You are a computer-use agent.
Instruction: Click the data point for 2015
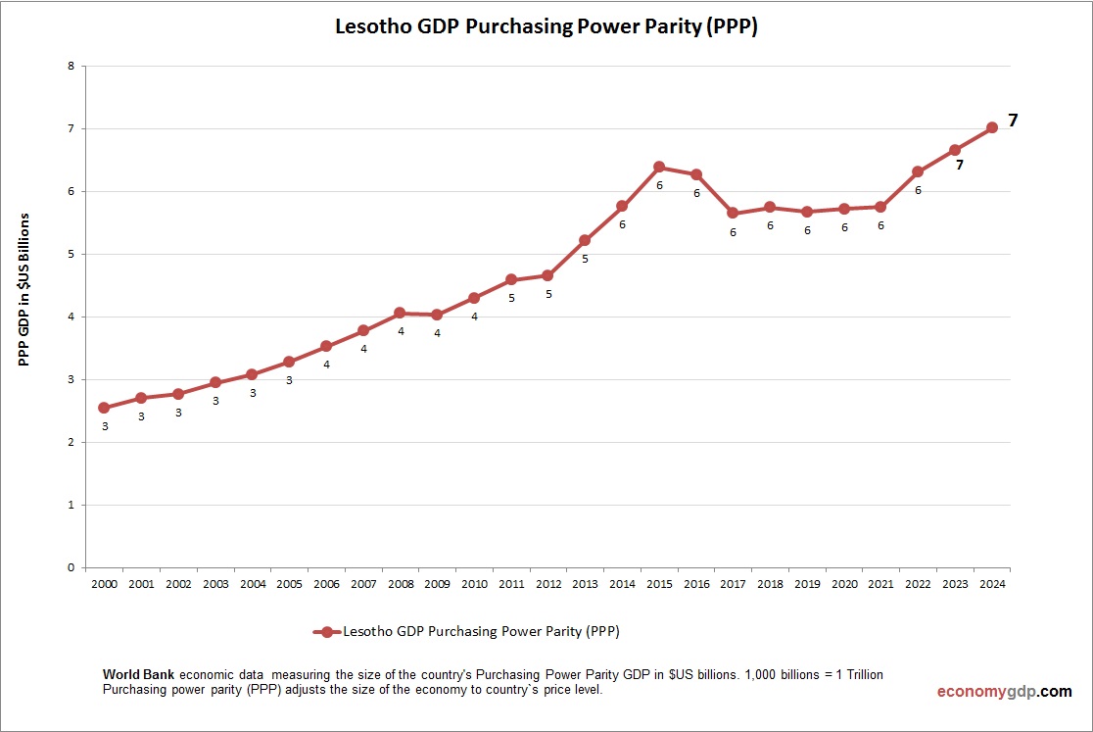click(659, 167)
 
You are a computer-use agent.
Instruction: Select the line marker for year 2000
click(104, 408)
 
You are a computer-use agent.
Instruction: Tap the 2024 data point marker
click(992, 126)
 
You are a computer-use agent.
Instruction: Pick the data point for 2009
click(437, 315)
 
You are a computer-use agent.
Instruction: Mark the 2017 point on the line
click(733, 213)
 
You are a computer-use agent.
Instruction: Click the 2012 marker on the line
click(547, 275)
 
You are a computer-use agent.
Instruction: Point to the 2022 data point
click(918, 171)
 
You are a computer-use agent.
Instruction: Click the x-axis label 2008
click(401, 584)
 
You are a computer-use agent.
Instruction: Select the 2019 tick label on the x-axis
click(807, 584)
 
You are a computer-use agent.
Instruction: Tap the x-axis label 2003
click(215, 584)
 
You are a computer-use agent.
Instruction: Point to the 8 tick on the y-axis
click(71, 67)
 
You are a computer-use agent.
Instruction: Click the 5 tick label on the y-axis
click(71, 255)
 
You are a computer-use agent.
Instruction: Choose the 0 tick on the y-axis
click(71, 567)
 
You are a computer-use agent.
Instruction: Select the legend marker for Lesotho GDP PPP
click(327, 632)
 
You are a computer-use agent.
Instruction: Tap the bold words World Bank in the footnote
click(139, 675)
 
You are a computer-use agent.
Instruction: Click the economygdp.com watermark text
click(1004, 692)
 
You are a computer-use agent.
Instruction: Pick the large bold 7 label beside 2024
click(1014, 121)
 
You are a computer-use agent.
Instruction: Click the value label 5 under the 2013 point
click(585, 260)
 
